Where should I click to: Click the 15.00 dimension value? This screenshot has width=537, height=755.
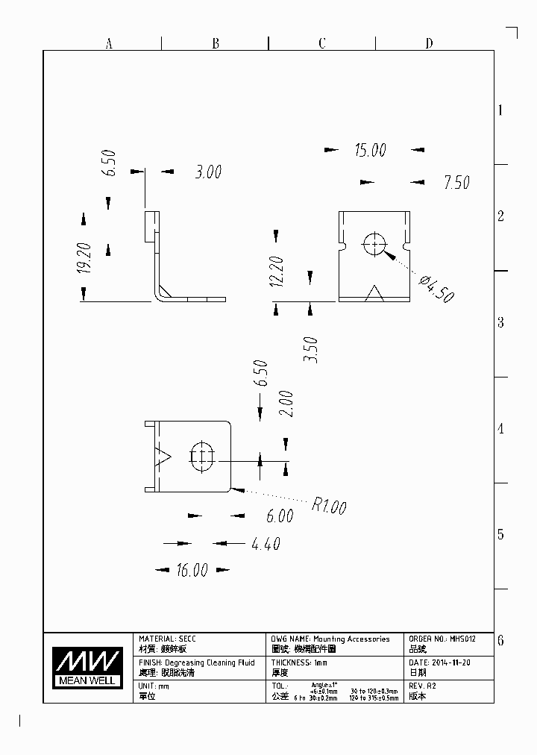tap(370, 151)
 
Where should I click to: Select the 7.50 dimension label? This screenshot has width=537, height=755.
tap(456, 182)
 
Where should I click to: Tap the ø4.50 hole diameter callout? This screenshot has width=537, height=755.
tap(436, 289)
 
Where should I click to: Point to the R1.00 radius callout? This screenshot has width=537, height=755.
tap(329, 507)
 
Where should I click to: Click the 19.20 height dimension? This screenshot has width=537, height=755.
tap(84, 258)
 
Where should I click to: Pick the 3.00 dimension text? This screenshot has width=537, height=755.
tap(208, 172)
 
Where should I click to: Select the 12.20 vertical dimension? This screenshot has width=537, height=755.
tap(277, 272)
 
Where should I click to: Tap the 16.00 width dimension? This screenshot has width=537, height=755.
tap(192, 571)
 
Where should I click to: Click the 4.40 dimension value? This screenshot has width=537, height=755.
tap(266, 544)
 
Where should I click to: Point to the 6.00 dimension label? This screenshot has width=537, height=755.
tap(280, 516)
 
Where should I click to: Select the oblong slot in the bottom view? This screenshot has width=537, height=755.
tap(202, 456)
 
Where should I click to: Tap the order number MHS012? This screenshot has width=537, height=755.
tap(462, 639)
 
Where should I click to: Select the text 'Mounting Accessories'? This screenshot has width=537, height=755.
tap(351, 639)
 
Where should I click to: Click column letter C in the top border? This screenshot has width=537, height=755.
tap(322, 43)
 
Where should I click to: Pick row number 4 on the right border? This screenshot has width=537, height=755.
tap(501, 429)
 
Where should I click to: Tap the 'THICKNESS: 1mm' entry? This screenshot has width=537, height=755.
tap(299, 662)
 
